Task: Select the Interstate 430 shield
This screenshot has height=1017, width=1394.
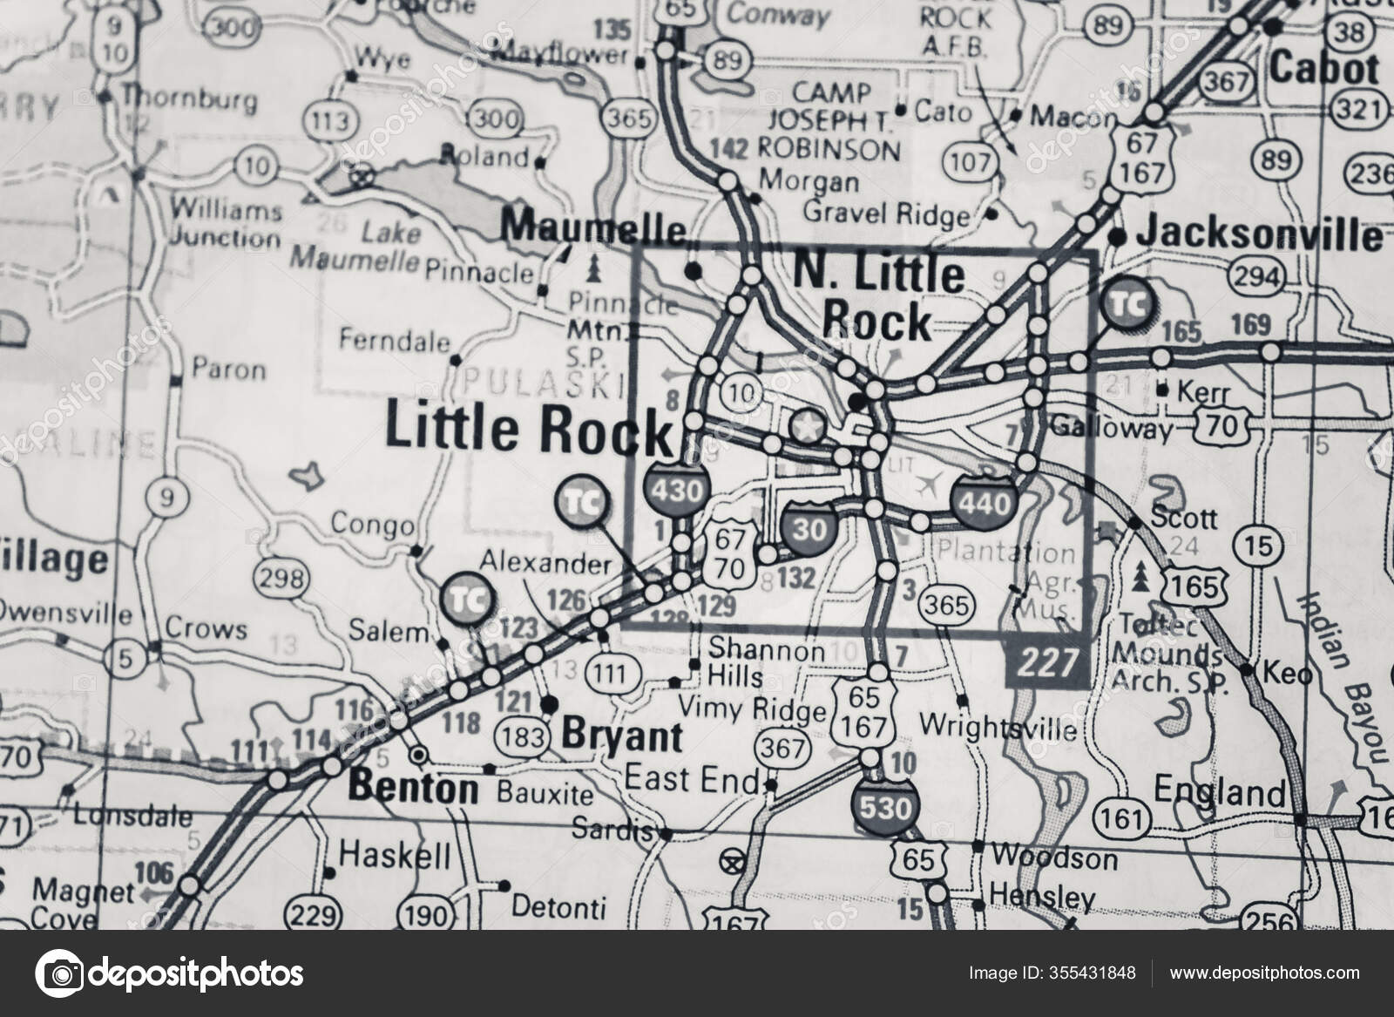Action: [676, 491]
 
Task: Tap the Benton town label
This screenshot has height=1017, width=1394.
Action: [413, 790]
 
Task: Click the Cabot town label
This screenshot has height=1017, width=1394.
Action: [1325, 68]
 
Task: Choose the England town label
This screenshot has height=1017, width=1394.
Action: [1220, 792]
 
